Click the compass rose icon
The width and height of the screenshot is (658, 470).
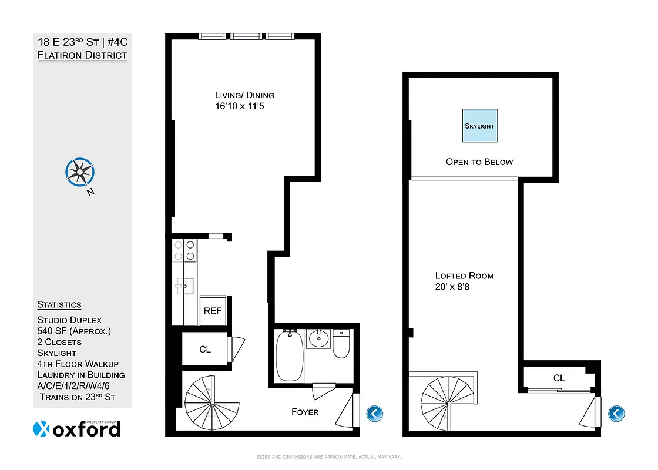(x=79, y=172)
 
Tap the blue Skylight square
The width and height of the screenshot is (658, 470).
(x=479, y=125)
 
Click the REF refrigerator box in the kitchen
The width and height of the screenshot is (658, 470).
(x=213, y=310)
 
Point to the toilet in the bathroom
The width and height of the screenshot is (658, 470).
(x=341, y=345)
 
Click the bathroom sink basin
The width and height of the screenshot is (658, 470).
(x=320, y=338)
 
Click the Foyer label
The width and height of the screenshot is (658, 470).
(x=305, y=412)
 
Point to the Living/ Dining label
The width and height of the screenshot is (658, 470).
(x=244, y=95)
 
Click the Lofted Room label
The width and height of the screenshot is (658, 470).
(x=464, y=276)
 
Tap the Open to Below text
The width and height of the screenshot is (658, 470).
(x=479, y=162)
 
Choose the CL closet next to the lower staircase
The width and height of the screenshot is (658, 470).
(x=205, y=350)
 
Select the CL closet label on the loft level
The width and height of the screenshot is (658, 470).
(x=559, y=378)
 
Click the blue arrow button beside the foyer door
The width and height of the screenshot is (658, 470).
(x=374, y=414)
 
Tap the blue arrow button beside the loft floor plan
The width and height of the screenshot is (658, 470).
(x=616, y=414)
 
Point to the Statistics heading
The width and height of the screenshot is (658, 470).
(x=59, y=304)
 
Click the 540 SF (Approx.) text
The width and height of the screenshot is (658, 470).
(x=74, y=331)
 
